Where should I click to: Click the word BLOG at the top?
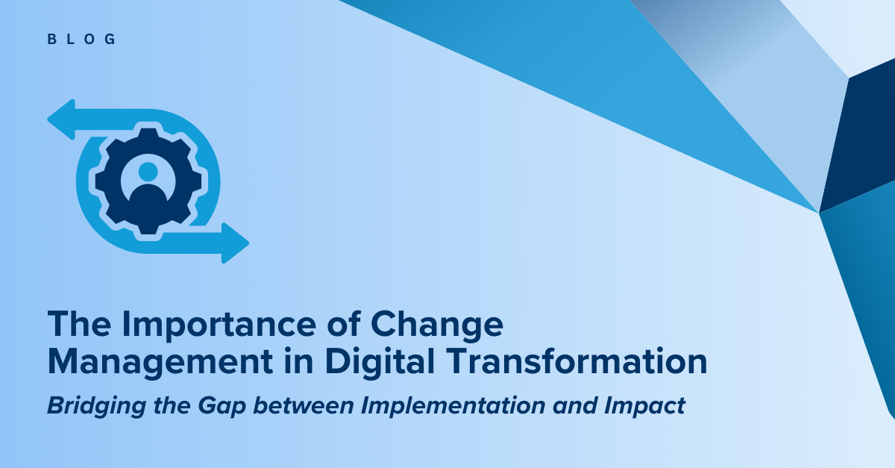[x=81, y=40]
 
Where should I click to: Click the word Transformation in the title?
[x=576, y=361]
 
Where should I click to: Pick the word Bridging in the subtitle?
[x=97, y=406]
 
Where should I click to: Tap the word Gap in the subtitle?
[x=222, y=406]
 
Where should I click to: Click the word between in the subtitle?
[x=304, y=405]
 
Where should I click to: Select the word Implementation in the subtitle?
[x=453, y=406]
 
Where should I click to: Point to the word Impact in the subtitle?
[x=645, y=406]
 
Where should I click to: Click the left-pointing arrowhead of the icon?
[x=61, y=119]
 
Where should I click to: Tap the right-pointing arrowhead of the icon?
[x=236, y=243]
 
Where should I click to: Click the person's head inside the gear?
[x=148, y=172]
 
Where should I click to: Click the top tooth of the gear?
[x=148, y=134]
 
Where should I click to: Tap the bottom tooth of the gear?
[x=148, y=228]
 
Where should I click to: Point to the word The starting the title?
[x=79, y=325]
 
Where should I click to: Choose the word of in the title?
[x=344, y=324]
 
